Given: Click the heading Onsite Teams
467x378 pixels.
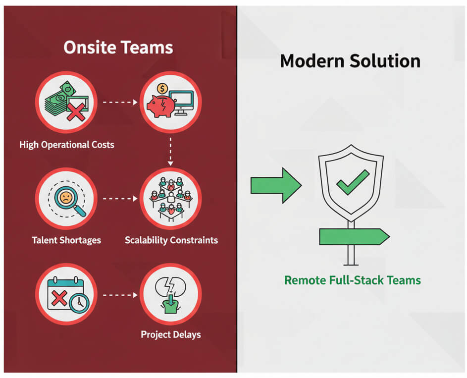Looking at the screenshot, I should (118, 48).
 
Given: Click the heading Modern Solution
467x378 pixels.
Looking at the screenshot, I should (350, 61).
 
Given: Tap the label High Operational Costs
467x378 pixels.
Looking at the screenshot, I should (67, 145).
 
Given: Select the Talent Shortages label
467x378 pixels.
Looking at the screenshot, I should (66, 240).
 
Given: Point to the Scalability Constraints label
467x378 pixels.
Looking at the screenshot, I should (171, 240).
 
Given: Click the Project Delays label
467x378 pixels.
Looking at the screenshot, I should (171, 334).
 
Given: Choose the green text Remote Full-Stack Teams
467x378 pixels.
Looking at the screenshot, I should (352, 280).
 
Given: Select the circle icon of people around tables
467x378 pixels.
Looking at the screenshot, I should (171, 198).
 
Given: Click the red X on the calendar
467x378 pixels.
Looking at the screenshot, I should (59, 298).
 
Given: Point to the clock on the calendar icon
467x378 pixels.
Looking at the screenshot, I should (78, 303).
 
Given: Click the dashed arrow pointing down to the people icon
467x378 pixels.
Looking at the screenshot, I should (170, 152).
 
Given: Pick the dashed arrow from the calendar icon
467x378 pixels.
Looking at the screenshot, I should (119, 295).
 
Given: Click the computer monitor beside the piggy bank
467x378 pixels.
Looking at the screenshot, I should (181, 102).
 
